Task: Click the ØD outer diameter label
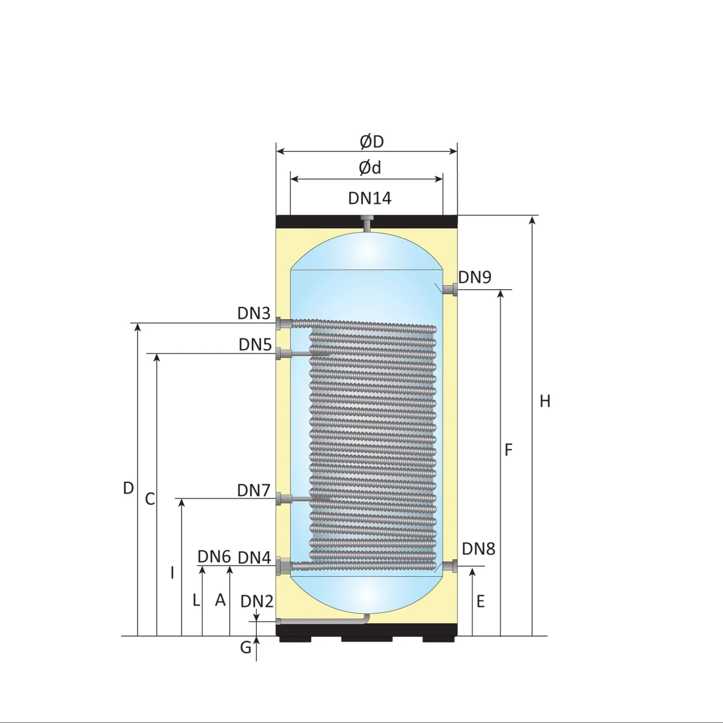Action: tap(372, 141)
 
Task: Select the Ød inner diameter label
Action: tap(370, 168)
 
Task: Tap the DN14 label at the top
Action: tap(370, 198)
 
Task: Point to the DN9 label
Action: tap(474, 277)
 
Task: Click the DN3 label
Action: tap(254, 313)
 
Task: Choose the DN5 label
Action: tap(255, 345)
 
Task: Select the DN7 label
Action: tap(254, 490)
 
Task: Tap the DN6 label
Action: tap(214, 557)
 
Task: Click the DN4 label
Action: tap(254, 558)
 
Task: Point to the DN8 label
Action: tap(479, 549)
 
